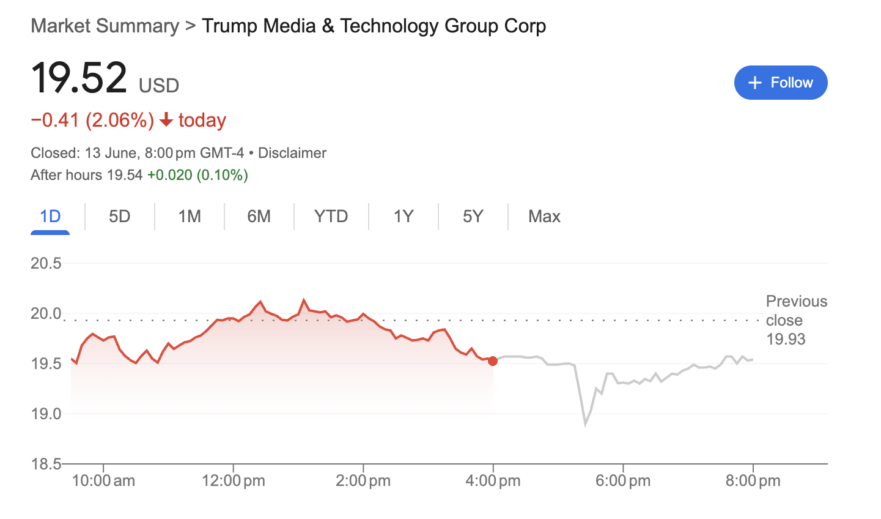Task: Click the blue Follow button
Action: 780,83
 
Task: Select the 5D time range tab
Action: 120,217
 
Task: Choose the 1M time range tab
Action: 190,217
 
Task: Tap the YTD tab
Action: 331,217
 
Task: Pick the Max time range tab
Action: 544,217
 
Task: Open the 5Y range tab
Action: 473,217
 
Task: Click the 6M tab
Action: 259,217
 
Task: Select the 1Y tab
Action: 404,217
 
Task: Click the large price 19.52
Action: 79,78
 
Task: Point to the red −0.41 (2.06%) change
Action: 92,120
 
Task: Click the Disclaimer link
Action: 292,153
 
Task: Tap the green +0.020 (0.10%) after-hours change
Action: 197,175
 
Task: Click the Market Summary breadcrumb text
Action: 105,26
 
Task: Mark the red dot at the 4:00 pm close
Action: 493,361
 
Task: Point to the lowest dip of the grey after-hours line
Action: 585,424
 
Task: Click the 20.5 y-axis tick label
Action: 46,264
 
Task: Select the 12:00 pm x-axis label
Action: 234,481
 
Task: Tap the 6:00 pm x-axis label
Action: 623,481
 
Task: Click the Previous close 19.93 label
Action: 796,320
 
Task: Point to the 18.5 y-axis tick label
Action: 46,465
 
